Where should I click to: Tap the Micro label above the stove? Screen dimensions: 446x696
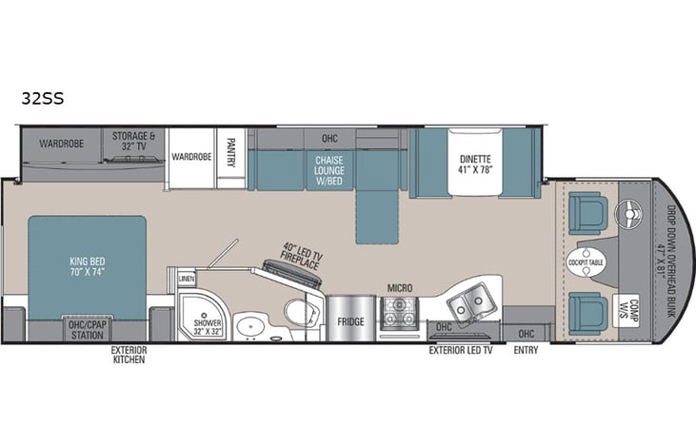click(399, 286)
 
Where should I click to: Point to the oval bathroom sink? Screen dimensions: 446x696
click(251, 324)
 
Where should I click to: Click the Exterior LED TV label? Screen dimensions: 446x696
click(461, 349)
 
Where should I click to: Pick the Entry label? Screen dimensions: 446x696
click(525, 350)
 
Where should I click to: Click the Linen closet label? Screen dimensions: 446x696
click(186, 278)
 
